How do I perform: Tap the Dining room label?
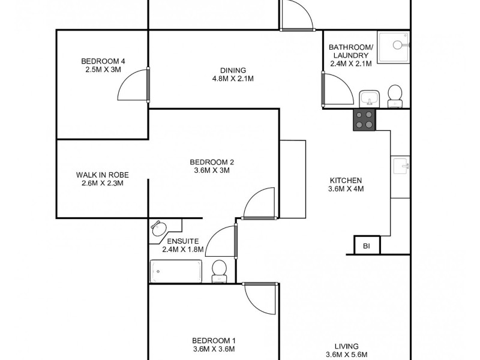[233, 70]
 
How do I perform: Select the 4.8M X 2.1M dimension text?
[233, 79]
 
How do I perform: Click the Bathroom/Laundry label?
[351, 52]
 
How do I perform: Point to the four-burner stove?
[364, 120]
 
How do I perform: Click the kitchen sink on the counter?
[400, 164]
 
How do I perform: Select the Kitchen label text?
[346, 180]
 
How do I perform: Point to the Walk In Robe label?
[102, 175]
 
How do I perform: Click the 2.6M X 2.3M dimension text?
[102, 184]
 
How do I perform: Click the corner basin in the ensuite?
[159, 228]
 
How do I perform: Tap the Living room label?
[346, 346]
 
